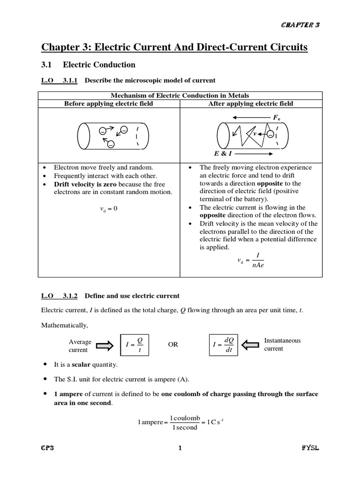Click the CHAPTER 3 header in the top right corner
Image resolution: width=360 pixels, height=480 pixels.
pyautogui.click(x=300, y=25)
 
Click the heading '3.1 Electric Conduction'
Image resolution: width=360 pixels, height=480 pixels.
pyautogui.click(x=88, y=65)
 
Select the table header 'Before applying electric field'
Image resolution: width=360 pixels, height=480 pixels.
pyautogui.click(x=108, y=104)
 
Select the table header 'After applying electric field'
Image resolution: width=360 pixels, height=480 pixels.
pyautogui.click(x=251, y=104)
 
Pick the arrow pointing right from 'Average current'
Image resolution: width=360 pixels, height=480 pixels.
pyautogui.click(x=107, y=345)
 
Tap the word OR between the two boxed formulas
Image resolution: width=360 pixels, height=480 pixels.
pyautogui.click(x=173, y=345)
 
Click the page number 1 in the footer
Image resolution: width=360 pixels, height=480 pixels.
pyautogui.click(x=180, y=448)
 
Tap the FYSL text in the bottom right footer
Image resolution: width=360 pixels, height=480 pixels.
pyautogui.click(x=310, y=448)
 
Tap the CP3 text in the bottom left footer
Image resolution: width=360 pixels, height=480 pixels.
pyautogui.click(x=48, y=448)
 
